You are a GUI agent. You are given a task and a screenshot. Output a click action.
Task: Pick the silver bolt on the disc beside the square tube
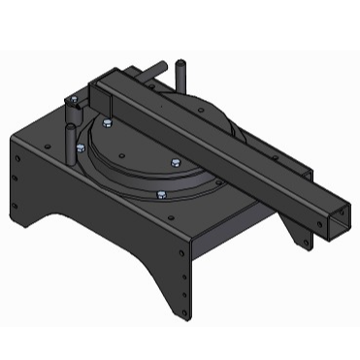175,162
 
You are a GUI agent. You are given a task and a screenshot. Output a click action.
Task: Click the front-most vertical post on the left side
74,136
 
